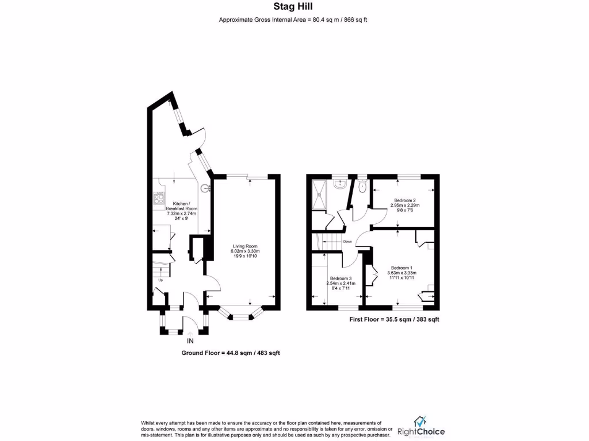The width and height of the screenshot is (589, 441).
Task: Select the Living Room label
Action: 246,246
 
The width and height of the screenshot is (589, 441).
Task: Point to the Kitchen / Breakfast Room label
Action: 181,206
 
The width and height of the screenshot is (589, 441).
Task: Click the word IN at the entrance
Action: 190,340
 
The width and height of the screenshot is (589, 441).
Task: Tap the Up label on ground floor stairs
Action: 160,280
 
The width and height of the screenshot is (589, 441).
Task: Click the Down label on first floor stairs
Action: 347,241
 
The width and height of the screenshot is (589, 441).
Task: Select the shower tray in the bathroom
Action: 319,195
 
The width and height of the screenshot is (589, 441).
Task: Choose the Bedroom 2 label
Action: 404,200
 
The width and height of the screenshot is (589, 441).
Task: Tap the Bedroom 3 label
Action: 341,278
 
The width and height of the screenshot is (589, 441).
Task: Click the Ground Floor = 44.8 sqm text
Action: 231,353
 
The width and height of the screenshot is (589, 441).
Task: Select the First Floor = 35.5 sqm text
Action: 394,319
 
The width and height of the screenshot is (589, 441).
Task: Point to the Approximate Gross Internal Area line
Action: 293,20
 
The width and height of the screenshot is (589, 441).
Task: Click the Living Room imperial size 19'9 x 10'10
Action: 246,256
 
